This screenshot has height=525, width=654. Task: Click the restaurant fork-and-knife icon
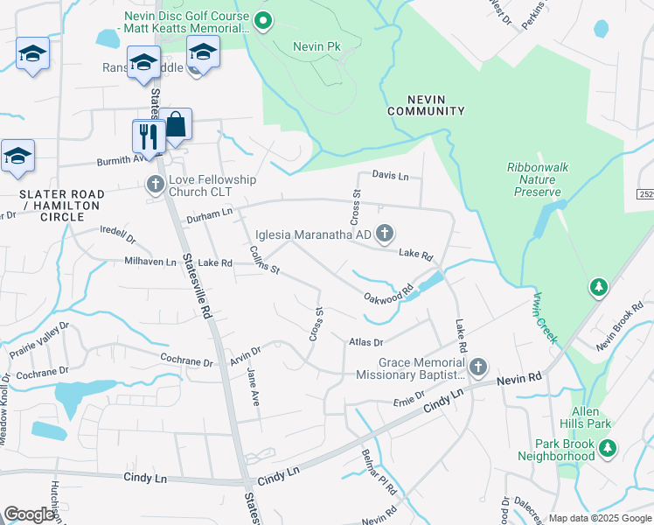148,136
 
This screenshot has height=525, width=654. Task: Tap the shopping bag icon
176,125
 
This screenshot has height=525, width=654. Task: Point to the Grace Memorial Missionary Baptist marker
477,367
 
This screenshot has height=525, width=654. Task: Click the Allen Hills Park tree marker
599,287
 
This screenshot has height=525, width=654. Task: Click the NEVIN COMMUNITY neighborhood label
426,105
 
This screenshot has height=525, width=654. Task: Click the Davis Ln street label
390,175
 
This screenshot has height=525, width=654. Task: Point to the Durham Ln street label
209,213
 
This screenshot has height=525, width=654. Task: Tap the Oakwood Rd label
388,294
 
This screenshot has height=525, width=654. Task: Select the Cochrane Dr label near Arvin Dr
187,360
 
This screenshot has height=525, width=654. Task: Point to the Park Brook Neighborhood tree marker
607,448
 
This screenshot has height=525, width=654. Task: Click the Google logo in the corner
29,514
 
